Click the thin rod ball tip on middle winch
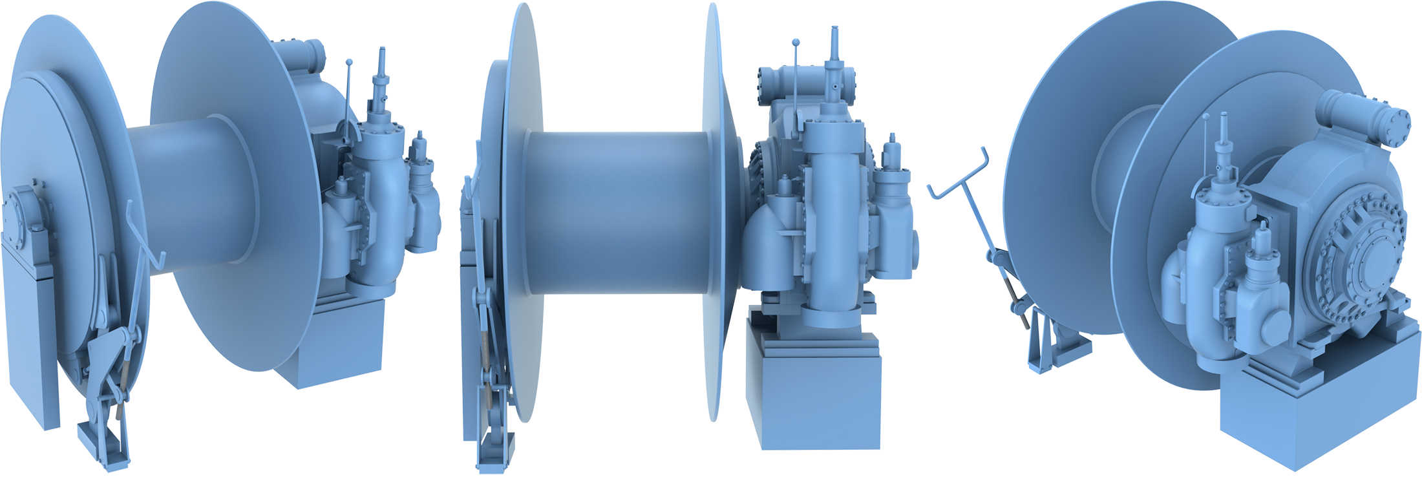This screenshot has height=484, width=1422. (x=796, y=43)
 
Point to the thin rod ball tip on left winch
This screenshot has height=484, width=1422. (x=349, y=63)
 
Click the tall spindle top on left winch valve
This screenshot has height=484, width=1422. (x=382, y=55)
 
